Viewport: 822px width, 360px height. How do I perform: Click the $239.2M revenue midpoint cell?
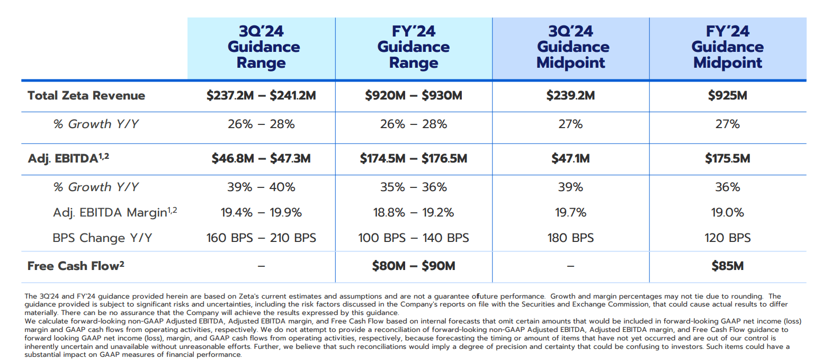pos(570,96)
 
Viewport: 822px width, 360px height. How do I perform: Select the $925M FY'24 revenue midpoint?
pos(727,96)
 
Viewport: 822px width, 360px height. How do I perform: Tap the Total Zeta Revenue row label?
pos(86,96)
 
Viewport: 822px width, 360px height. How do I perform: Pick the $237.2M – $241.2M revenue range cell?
pos(261,96)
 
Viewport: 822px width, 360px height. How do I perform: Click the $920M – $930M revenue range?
pos(413,96)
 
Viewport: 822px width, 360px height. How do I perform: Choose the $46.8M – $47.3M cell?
pos(261,158)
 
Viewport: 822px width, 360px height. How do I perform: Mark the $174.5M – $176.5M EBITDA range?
pos(413,158)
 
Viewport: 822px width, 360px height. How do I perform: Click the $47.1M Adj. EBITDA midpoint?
pos(570,158)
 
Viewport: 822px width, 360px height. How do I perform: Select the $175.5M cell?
pos(727,158)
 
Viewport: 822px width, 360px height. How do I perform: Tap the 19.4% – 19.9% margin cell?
pos(261,212)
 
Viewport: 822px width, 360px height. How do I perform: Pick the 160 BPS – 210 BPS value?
pos(261,238)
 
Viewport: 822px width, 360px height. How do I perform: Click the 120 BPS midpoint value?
pos(727,238)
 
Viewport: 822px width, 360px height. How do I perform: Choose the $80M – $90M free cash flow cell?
pos(413,266)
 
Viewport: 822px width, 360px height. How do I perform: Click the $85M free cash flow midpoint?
pos(727,266)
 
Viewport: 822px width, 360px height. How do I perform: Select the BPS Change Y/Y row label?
pos(102,238)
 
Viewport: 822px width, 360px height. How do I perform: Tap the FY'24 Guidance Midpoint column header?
pos(727,47)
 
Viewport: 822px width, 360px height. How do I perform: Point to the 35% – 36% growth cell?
pos(413,187)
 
